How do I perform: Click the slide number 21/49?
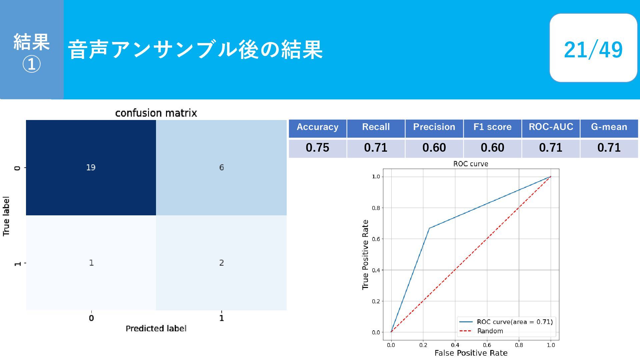tap(593, 49)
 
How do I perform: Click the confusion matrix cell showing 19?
tap(91, 167)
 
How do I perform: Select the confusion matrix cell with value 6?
tap(221, 167)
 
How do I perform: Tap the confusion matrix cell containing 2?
tap(221, 263)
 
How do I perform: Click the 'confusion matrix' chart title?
tap(156, 113)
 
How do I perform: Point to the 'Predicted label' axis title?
tap(156, 328)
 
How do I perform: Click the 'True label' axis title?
tap(6, 216)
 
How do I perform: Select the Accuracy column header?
tap(317, 127)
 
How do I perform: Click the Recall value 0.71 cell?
tap(376, 148)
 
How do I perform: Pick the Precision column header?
tap(434, 127)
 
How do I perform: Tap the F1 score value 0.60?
tap(492, 148)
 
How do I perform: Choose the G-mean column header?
tap(609, 127)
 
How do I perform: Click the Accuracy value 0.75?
tap(317, 148)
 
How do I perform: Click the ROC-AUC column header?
tap(551, 127)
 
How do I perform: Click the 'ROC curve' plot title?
tap(471, 164)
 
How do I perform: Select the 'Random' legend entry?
tap(481, 331)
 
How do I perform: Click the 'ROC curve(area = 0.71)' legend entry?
tap(506, 322)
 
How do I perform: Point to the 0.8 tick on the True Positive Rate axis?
tap(376, 208)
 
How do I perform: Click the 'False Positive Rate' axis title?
tap(471, 353)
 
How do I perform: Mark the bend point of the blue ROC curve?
tap(429, 228)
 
